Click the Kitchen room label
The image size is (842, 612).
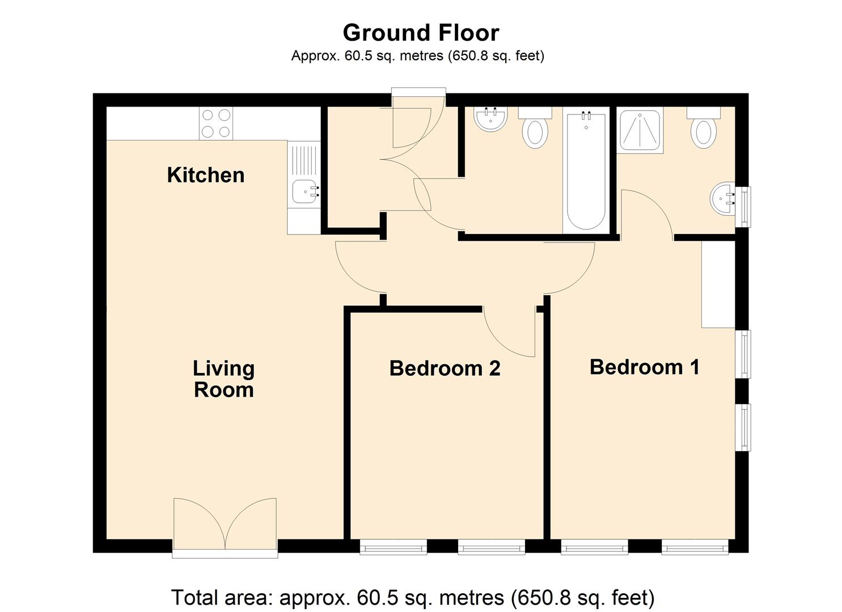[205, 175]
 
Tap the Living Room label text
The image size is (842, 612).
[223, 379]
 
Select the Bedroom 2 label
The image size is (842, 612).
[445, 368]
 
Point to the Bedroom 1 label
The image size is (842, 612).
[644, 367]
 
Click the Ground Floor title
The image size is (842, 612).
[421, 33]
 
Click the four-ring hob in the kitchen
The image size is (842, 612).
[216, 124]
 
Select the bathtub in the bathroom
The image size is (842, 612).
[585, 170]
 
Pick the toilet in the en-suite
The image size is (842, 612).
[703, 130]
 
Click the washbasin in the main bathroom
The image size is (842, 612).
[490, 119]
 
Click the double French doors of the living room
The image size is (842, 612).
[225, 524]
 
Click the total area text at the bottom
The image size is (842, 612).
[413, 597]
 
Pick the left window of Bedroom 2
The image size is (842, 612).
[393, 547]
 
